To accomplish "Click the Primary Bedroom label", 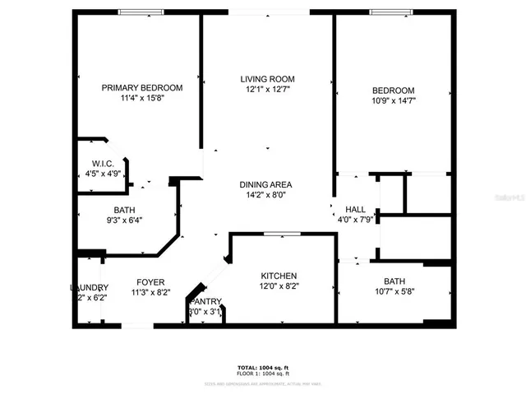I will point(142,88).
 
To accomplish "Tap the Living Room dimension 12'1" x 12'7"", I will point(265,90).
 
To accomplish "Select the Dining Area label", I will point(265,184).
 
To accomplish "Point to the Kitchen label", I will point(279,276).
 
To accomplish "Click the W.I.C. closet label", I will point(103,163).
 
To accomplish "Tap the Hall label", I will point(355,209).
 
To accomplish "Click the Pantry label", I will point(205,301).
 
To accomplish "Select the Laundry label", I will point(89,287).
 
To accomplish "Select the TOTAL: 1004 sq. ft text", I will point(264,366).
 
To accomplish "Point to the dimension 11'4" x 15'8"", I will point(141,99).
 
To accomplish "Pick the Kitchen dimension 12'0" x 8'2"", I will point(279,286).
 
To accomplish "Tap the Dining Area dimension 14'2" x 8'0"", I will point(265,195).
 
